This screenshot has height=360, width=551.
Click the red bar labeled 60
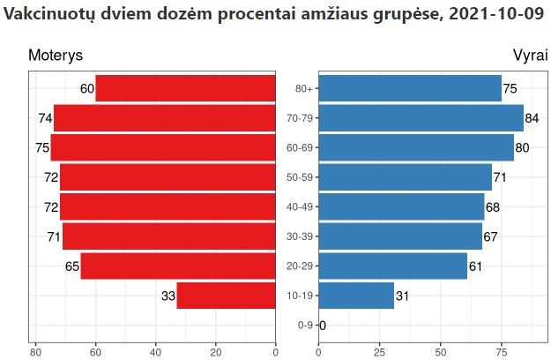tap(185, 88)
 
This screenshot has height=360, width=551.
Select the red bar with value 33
tap(226, 296)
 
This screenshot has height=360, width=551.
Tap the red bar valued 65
tap(178, 266)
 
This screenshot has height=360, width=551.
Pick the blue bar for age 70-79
tap(421, 118)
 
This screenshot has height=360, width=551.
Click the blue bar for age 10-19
tap(356, 296)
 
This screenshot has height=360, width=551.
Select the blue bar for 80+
tap(410, 88)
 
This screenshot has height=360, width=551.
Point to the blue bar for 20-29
tap(392, 266)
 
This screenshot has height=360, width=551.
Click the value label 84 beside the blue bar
tap(532, 118)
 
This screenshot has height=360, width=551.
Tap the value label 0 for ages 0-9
tap(323, 326)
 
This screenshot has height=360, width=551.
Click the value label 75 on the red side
tap(42, 148)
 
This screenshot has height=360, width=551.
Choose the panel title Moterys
tap(56, 56)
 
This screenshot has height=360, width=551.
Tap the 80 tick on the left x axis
tap(36, 353)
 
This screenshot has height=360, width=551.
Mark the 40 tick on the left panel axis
tap(156, 353)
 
